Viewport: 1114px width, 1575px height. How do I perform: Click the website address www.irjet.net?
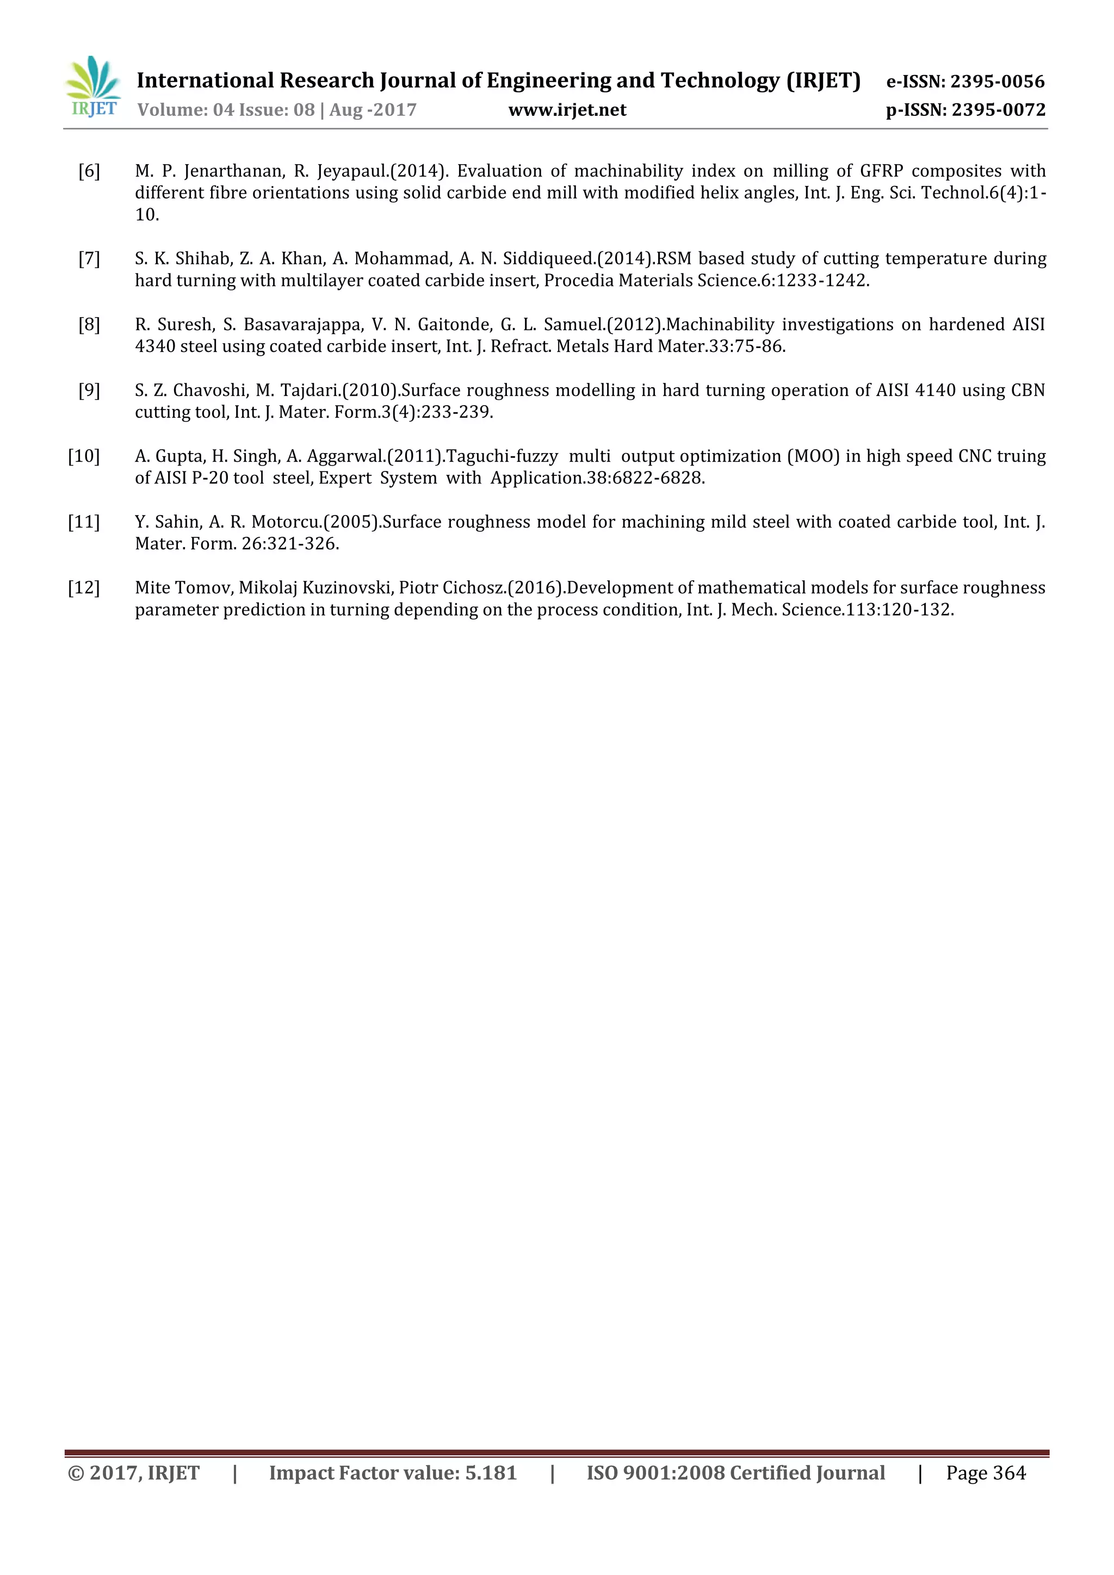pyautogui.click(x=567, y=110)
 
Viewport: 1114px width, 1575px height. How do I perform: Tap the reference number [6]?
pyautogui.click(x=89, y=171)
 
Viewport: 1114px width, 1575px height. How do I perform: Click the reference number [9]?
pyautogui.click(x=89, y=390)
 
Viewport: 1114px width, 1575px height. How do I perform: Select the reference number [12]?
pyautogui.click(x=84, y=588)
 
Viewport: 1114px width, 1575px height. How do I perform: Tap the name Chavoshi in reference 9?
pyautogui.click(x=210, y=390)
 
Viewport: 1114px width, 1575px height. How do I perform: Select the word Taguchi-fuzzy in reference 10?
pyautogui.click(x=502, y=456)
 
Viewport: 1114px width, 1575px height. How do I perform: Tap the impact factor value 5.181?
pyautogui.click(x=491, y=1473)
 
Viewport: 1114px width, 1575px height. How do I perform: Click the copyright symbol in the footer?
pyautogui.click(x=76, y=1473)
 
